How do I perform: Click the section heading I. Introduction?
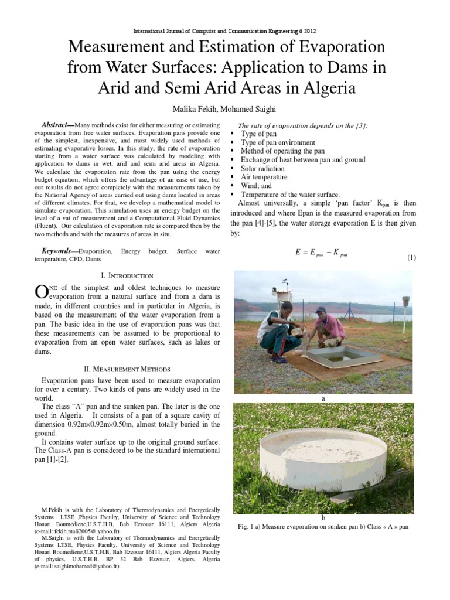pos(128,276)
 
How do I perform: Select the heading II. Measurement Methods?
pos(128,369)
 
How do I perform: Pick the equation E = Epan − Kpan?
pos(321,253)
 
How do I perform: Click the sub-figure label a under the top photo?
pos(323,398)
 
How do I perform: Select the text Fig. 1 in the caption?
pos(246,527)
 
